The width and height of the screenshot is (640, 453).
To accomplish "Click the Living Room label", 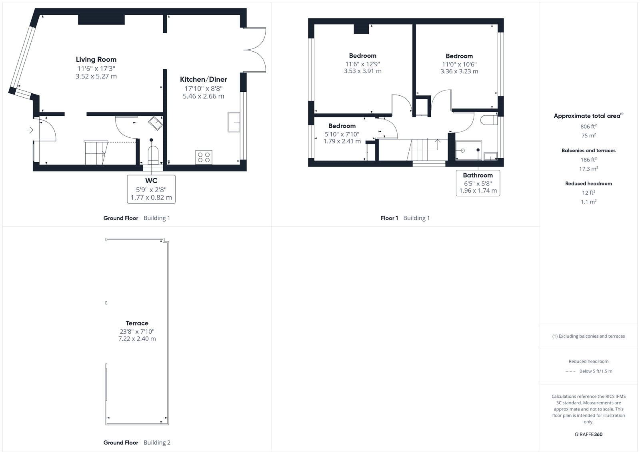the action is pos(96,60).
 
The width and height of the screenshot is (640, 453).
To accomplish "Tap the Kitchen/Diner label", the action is pos(204,79).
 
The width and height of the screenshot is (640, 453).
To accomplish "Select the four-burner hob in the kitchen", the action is pos(204,157).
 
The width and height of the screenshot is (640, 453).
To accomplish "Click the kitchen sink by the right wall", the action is pos(234,122).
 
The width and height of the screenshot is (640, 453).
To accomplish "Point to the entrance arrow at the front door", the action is pos(30,130).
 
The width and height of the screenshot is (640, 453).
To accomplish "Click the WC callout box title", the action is pos(151,181).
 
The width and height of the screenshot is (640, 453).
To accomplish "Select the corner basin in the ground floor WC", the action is pos(156,123).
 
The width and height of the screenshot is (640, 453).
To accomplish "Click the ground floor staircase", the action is pos(96,153).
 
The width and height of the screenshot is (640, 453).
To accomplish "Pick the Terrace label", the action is pos(137,323).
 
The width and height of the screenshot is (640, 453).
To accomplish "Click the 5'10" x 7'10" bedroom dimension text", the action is pos(342,134).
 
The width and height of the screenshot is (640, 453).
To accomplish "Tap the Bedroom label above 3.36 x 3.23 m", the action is pos(459,56).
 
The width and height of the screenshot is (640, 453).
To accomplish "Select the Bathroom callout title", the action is pos(478,175).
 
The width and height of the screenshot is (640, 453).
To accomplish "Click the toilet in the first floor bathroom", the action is pos(489,120).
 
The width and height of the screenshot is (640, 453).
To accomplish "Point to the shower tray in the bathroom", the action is pos(468,150).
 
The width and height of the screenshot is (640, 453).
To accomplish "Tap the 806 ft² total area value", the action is pos(588,126).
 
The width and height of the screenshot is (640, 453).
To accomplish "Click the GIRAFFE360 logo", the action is pos(588,434).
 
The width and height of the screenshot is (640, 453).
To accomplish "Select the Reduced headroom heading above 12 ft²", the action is pos(588,183).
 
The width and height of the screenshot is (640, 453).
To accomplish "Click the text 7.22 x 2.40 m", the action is pos(137,339).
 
